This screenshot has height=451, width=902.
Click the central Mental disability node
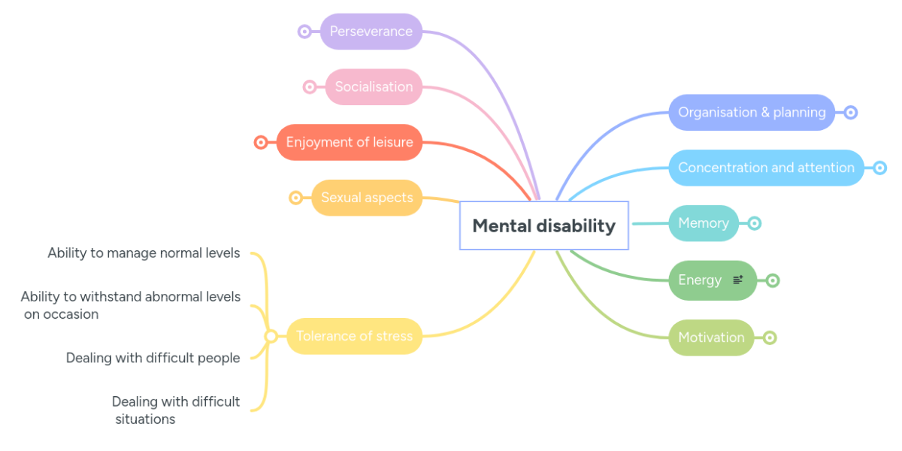coord(543,225)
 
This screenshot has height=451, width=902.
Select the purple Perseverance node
coord(371,32)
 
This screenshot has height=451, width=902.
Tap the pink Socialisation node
coord(374,86)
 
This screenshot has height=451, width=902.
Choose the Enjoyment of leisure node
coord(350,142)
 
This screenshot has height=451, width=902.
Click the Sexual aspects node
coord(367,198)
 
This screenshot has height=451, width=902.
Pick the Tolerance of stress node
coord(354,336)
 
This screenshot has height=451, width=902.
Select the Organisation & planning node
coord(752,112)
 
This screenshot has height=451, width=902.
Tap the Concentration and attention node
coord(766,168)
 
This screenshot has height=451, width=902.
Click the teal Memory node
coord(704,223)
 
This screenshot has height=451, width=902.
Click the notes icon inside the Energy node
coord(738,280)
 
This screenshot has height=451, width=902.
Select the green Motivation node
coord(711,337)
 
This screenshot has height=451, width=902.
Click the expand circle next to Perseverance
coord(304,32)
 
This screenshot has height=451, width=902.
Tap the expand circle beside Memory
coord(755,223)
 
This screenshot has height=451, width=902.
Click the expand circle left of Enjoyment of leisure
coord(261,142)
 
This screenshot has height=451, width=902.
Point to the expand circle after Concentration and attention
coord(879,168)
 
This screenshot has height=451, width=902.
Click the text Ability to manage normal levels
coord(144,253)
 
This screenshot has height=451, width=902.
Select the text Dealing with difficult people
coord(153,358)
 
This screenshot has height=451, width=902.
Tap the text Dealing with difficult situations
coord(175,410)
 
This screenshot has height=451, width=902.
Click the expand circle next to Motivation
coord(770,337)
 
